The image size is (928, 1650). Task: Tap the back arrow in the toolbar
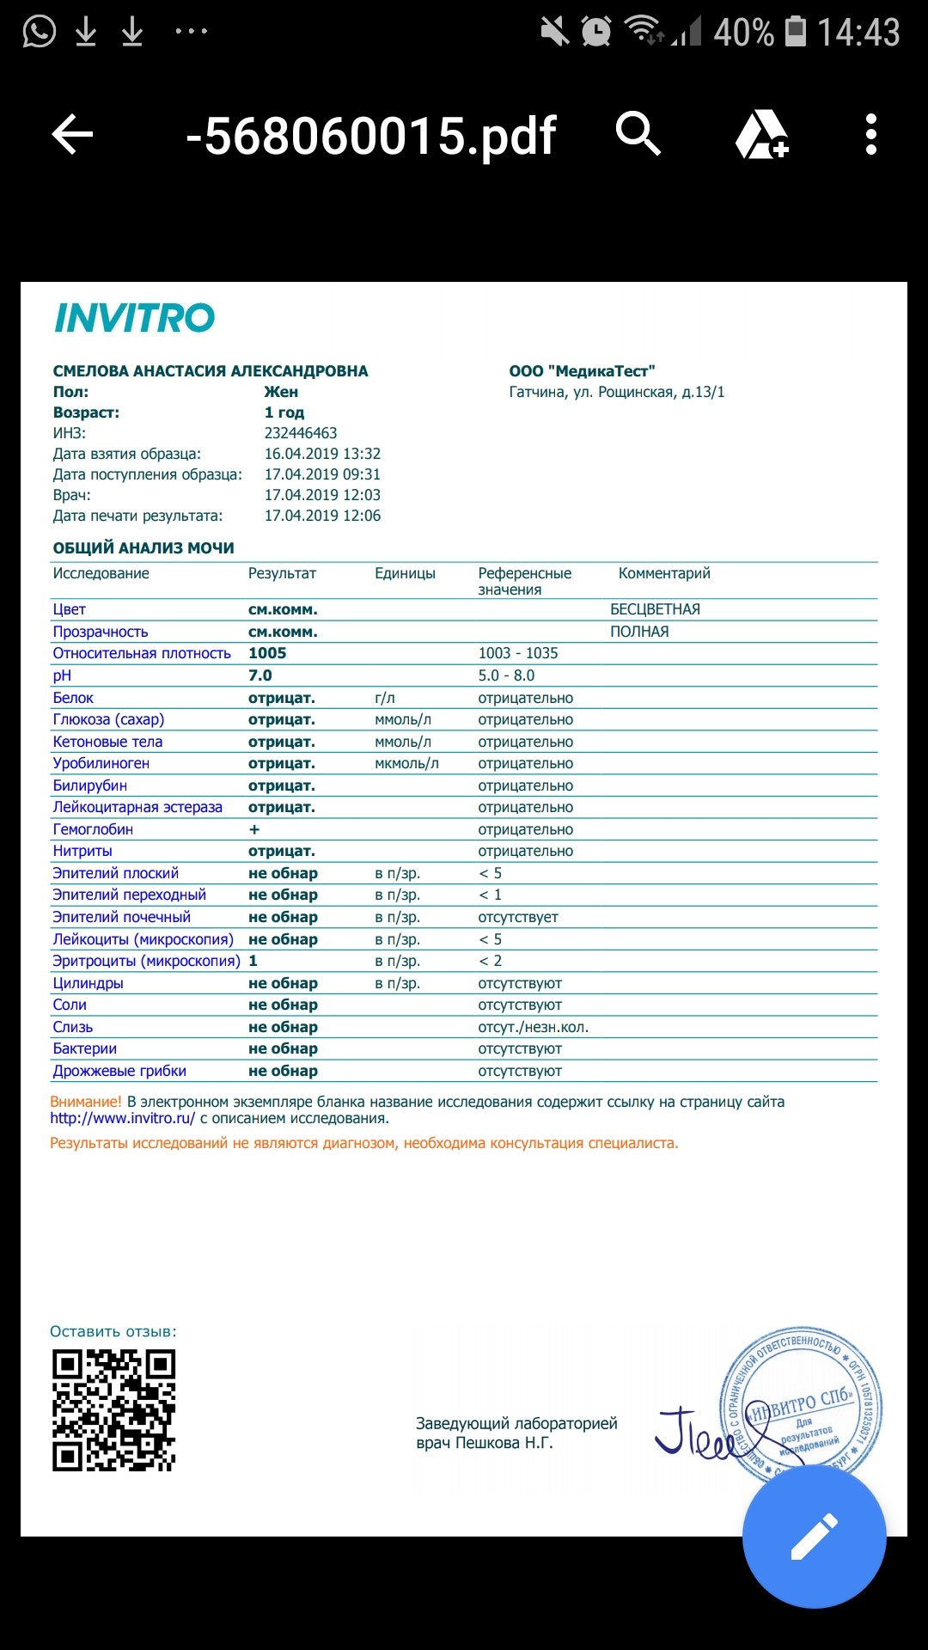pyautogui.click(x=72, y=135)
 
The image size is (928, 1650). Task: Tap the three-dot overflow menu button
pyautogui.click(x=871, y=135)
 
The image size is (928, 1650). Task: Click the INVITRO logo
pyautogui.click(x=134, y=318)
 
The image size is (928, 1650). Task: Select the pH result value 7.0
pyautogui.click(x=259, y=675)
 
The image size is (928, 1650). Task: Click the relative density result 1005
pyautogui.click(x=267, y=653)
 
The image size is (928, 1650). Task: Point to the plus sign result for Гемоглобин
pyautogui.click(x=254, y=829)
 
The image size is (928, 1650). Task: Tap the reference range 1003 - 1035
pyautogui.click(x=518, y=653)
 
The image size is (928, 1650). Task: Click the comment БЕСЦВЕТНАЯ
pyautogui.click(x=655, y=609)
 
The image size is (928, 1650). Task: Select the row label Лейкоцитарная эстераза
pyautogui.click(x=137, y=807)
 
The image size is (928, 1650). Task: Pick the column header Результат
pyautogui.click(x=282, y=573)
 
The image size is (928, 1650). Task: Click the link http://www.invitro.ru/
pyautogui.click(x=123, y=1118)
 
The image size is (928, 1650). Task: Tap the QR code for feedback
pyautogui.click(x=113, y=1410)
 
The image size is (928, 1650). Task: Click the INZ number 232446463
pyautogui.click(x=301, y=433)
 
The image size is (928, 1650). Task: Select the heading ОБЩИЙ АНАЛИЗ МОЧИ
pyautogui.click(x=143, y=548)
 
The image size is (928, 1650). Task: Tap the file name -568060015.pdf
pyautogui.click(x=371, y=136)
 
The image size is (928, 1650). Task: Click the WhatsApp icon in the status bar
pyautogui.click(x=39, y=32)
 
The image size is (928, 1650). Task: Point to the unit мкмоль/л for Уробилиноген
pyautogui.click(x=406, y=763)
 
